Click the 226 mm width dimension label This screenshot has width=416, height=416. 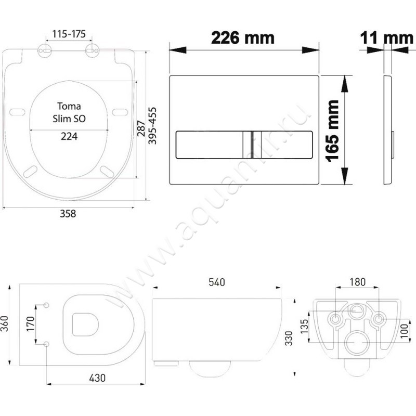click(243, 38)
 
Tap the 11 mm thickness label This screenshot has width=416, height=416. click(386, 38)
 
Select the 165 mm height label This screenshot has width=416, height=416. click(332, 131)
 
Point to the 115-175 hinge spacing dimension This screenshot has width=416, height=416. click(69, 34)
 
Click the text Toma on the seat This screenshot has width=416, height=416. click(69, 106)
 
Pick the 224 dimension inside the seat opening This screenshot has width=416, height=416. click(69, 136)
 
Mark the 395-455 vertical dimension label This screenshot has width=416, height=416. click(152, 125)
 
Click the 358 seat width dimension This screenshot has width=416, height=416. click(68, 213)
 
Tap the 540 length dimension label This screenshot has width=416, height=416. click(217, 282)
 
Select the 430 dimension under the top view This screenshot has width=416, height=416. click(97, 378)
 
